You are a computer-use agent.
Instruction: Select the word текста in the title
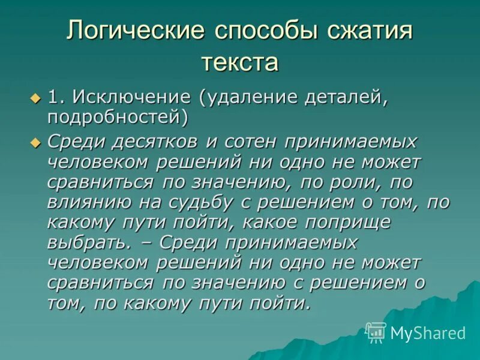click(x=240, y=62)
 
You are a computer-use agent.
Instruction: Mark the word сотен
click(x=251, y=142)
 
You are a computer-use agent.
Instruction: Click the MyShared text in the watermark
click(x=428, y=333)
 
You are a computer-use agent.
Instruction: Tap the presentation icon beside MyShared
click(x=376, y=332)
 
